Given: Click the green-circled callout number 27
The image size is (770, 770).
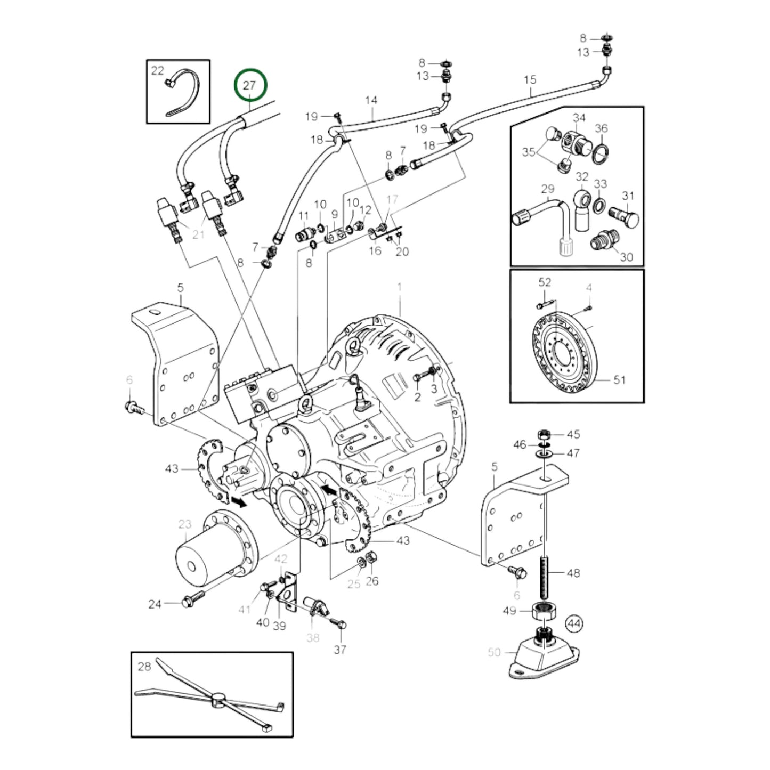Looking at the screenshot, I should click(x=249, y=85).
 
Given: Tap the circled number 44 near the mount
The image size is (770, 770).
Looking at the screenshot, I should click(x=574, y=622).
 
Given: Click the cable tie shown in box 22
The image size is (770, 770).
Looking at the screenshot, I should click(x=184, y=96).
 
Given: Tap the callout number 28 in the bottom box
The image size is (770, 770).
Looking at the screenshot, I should click(x=144, y=666).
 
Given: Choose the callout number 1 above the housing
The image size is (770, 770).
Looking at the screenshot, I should click(x=399, y=287).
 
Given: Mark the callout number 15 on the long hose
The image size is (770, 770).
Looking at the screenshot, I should click(x=530, y=80).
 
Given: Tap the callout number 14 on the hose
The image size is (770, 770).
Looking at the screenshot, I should click(x=371, y=100).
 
